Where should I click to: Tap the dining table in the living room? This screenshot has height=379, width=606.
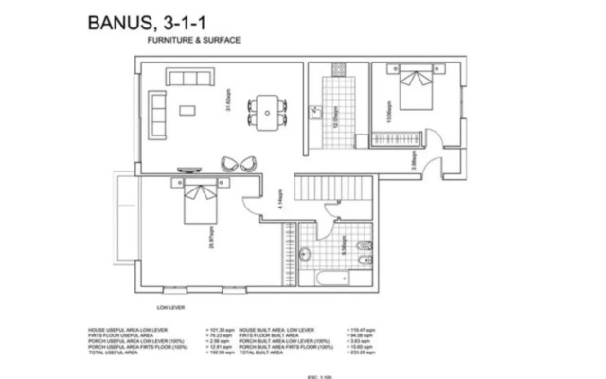[270, 109]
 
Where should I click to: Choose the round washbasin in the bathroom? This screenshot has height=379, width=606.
[305, 252]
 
